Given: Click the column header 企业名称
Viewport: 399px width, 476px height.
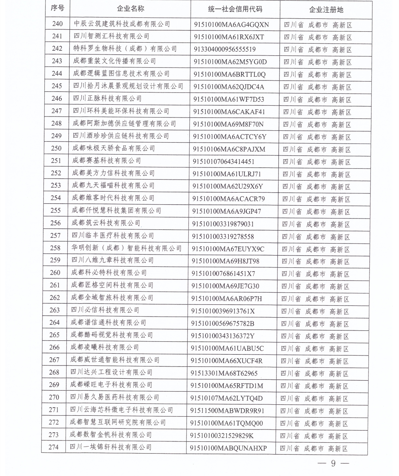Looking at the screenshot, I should [x=130, y=9].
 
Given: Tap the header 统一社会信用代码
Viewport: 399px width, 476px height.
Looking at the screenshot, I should [x=235, y=9].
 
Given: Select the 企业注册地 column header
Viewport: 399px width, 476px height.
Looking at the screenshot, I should [x=326, y=10].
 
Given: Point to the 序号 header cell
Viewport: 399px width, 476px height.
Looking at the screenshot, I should [x=57, y=8].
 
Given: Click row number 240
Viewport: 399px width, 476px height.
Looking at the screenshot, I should [x=57, y=24].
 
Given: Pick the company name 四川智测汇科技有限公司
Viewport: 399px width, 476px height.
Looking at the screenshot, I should [x=111, y=36].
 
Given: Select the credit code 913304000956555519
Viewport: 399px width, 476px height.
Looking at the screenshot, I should [x=225, y=49].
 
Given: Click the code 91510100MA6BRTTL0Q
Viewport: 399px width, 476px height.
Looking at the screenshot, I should [x=230, y=74].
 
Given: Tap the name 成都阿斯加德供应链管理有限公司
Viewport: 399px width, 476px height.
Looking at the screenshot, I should [x=124, y=124].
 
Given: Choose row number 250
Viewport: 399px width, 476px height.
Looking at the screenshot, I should [x=56, y=148].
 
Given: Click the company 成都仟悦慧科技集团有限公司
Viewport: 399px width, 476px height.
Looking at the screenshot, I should [x=116, y=211].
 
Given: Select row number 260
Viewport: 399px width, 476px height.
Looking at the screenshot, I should [x=55, y=273].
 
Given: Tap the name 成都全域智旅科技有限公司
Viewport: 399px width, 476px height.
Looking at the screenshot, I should [x=112, y=298].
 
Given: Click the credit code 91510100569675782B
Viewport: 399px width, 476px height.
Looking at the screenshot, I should [x=223, y=324].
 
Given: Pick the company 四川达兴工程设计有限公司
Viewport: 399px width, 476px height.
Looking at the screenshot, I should [x=111, y=372].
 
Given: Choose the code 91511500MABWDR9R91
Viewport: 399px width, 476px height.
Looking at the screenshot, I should [x=227, y=411].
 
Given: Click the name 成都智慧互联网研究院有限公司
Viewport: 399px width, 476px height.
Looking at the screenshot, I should [x=118, y=422].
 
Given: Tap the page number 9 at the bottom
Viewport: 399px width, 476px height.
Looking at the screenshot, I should [x=333, y=463].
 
